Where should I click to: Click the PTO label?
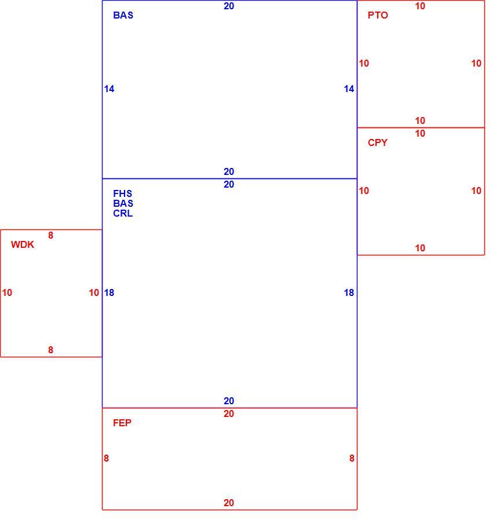pyautogui.click(x=378, y=15)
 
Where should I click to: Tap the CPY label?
pyautogui.click(x=378, y=142)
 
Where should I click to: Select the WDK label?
pyautogui.click(x=23, y=244)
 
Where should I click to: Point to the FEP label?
pyautogui.click(x=122, y=423)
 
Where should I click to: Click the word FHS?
pyautogui.click(x=122, y=193)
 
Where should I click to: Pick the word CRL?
pyautogui.click(x=123, y=214)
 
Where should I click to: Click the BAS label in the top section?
pyautogui.click(x=123, y=15)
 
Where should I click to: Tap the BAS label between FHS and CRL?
pyautogui.click(x=123, y=203)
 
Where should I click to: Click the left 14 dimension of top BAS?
pyautogui.click(x=109, y=89)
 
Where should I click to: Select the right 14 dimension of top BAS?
pyautogui.click(x=349, y=89)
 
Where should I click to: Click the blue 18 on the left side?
pyautogui.click(x=109, y=292)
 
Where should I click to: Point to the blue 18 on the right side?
pyautogui.click(x=349, y=292)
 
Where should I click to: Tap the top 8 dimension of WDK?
pyautogui.click(x=50, y=235)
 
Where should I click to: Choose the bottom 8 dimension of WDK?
pyautogui.click(x=50, y=350)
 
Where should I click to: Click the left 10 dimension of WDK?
pyautogui.click(x=7, y=292)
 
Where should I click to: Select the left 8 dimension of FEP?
pyautogui.click(x=106, y=458)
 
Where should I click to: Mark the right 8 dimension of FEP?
pyautogui.click(x=352, y=458)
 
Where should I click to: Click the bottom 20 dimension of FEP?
pyautogui.click(x=229, y=503)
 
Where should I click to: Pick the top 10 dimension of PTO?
pyautogui.click(x=420, y=6)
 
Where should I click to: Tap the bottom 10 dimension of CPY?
pyautogui.click(x=420, y=248)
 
